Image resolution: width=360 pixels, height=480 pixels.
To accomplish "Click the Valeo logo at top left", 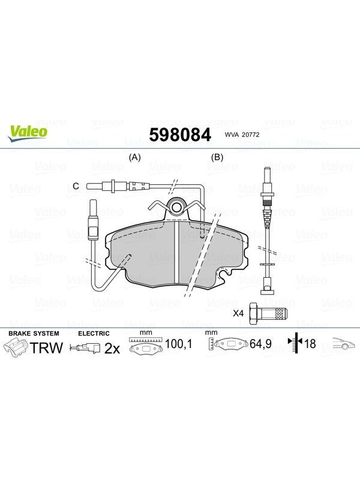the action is coord(28,134).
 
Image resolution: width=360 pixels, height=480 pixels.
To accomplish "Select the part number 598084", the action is coord(180,134).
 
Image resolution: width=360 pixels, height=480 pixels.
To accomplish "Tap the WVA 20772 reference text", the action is coord(242,134).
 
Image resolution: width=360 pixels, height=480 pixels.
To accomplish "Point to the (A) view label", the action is coord(134,157).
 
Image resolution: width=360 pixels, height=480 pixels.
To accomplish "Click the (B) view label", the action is coord(217,157).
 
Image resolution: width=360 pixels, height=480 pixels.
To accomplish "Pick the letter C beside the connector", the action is coord(76,186).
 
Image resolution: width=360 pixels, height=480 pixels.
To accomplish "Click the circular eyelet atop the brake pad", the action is coord(176,207).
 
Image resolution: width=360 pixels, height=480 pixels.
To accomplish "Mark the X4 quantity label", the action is coord(238,313).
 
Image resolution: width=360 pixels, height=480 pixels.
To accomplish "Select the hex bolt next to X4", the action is coord(268,313).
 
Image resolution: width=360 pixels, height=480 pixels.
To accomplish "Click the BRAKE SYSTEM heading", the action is coord(34,334).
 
